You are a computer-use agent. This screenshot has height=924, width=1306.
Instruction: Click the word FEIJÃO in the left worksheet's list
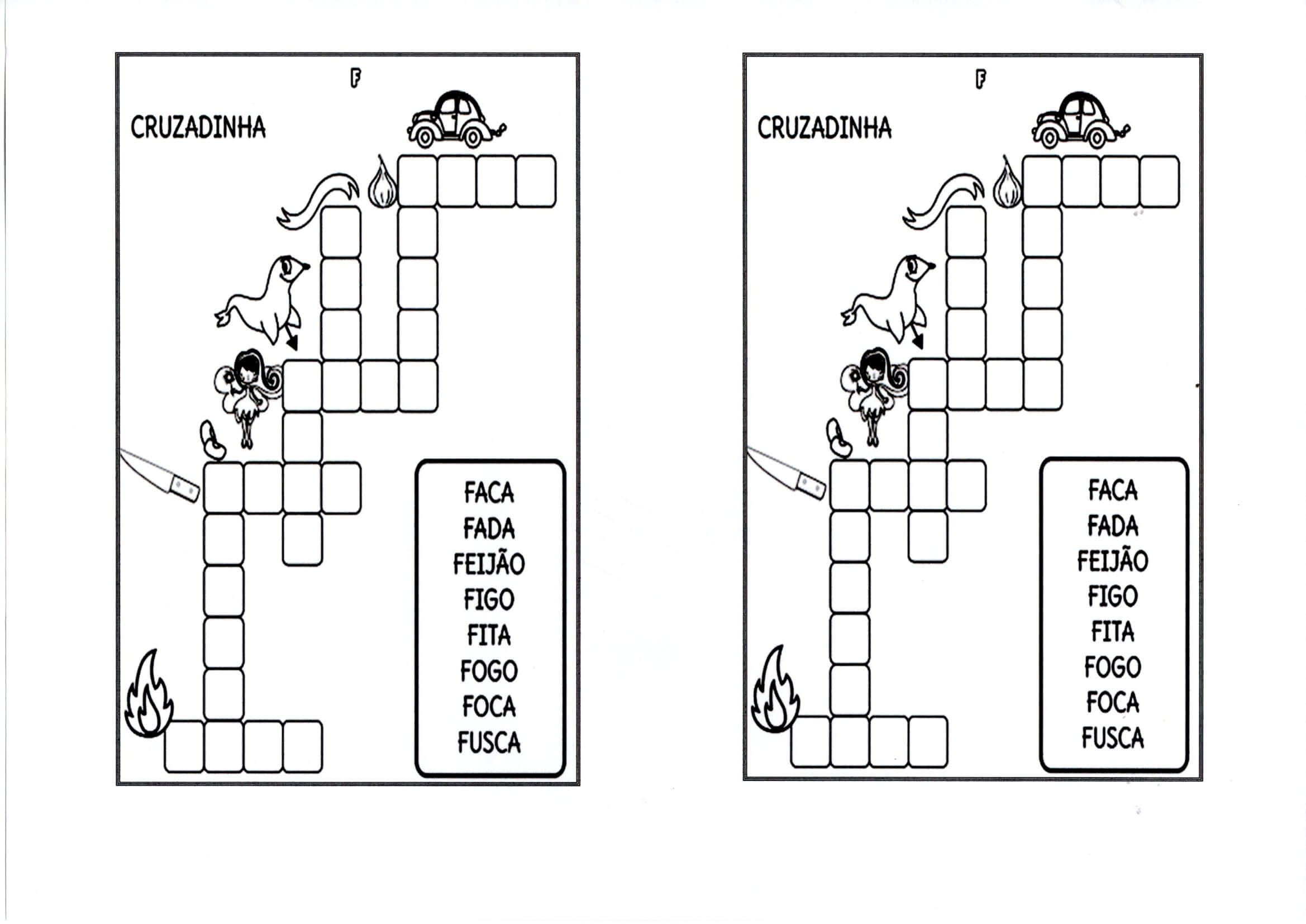point(489,564)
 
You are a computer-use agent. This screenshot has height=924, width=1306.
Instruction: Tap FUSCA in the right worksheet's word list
point(1112,738)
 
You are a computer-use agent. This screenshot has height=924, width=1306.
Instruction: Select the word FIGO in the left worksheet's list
point(489,599)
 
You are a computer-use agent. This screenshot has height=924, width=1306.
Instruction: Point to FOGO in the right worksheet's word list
point(1112,667)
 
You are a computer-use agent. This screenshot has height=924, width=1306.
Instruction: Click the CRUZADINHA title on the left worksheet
point(198,127)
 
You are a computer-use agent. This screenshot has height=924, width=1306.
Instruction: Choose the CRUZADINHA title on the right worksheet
point(824,127)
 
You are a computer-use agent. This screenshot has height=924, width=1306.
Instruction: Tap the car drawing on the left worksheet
point(456,121)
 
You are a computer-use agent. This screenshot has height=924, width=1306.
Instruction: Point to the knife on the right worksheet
point(787,473)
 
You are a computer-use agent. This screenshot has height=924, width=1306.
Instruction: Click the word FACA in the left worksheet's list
point(489,492)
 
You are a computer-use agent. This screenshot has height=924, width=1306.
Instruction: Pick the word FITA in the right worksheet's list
point(1112,632)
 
